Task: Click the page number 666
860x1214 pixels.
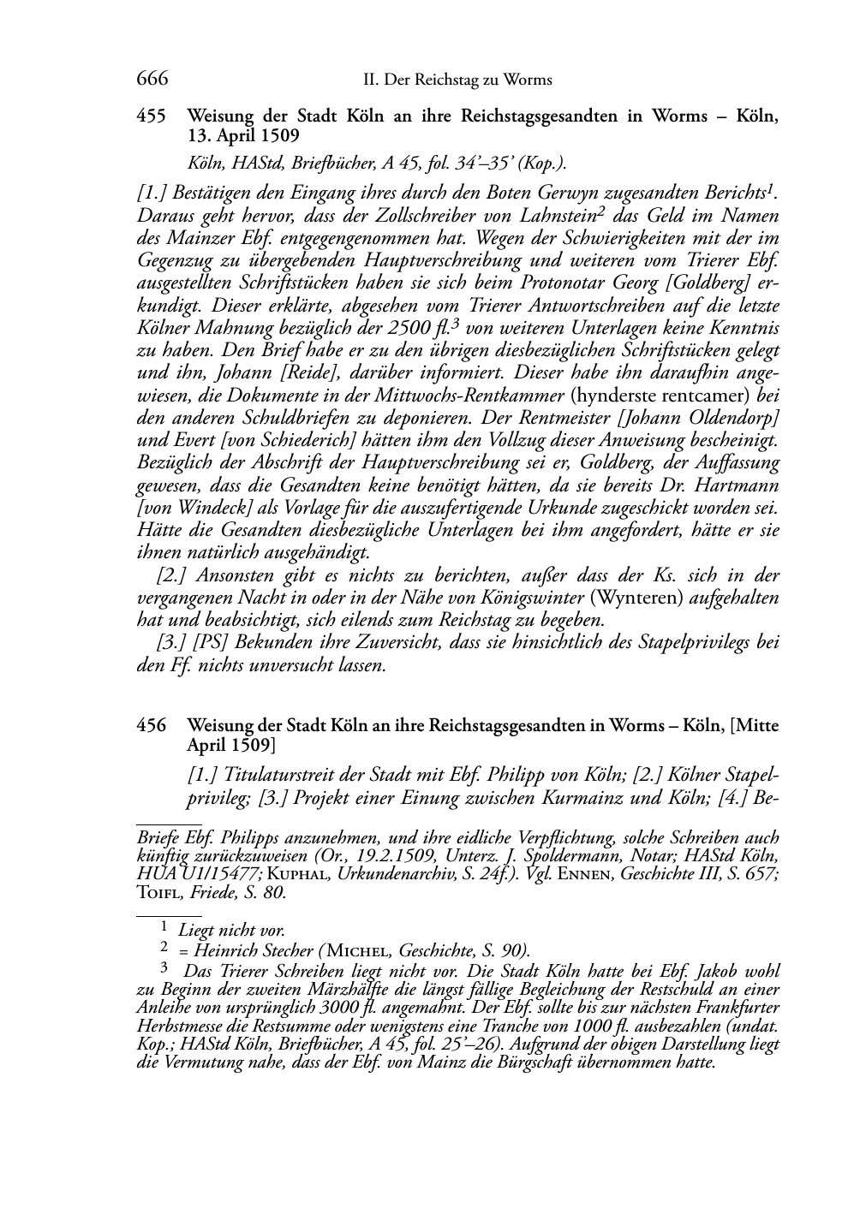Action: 152,80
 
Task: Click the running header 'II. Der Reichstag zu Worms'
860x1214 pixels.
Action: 457,80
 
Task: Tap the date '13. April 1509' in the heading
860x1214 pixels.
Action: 242,134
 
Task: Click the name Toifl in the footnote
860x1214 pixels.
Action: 157,892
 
